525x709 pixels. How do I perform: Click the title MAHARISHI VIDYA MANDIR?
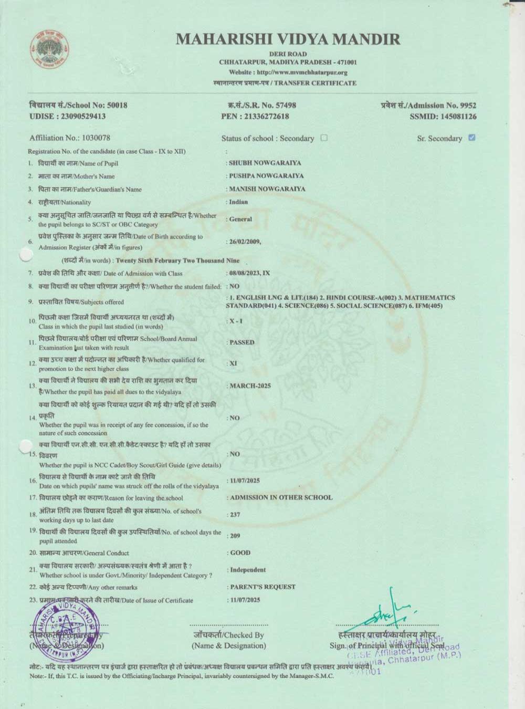click(288, 39)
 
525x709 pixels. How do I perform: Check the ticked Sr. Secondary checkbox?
click(471, 138)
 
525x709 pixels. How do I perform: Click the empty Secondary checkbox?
click(324, 138)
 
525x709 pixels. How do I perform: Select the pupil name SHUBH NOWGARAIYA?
click(265, 163)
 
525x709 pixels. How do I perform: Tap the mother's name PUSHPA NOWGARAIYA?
click(266, 176)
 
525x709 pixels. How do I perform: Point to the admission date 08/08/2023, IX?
click(249, 273)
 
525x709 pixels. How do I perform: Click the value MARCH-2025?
click(250, 386)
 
